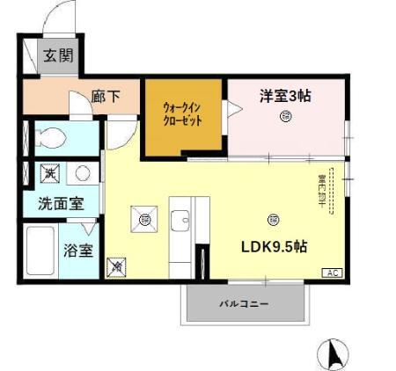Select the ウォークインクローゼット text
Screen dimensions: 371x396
pos(184,116)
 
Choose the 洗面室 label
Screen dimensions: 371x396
pos(60,203)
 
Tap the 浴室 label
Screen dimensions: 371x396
pos(77,251)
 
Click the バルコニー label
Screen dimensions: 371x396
pos(244,303)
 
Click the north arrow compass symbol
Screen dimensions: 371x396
pos(334,353)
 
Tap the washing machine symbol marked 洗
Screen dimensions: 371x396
pos(51,173)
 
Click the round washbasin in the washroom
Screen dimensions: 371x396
pos(81,172)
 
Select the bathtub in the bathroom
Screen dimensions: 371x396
pos(40,251)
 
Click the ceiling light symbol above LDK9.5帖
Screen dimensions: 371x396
pos(274,219)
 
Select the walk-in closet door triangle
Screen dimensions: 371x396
pos(235,110)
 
